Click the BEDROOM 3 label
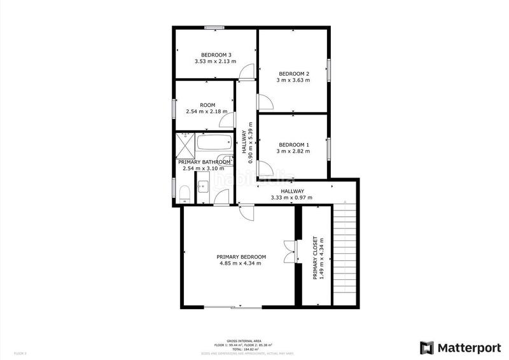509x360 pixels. click(216, 54)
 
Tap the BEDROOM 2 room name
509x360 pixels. click(293, 73)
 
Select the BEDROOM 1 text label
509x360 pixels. click(293, 143)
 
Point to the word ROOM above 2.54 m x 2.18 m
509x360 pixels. click(207, 105)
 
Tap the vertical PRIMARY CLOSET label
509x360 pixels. click(315, 259)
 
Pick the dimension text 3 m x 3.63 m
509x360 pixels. click(293, 80)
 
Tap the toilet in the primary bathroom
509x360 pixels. click(184, 194)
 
